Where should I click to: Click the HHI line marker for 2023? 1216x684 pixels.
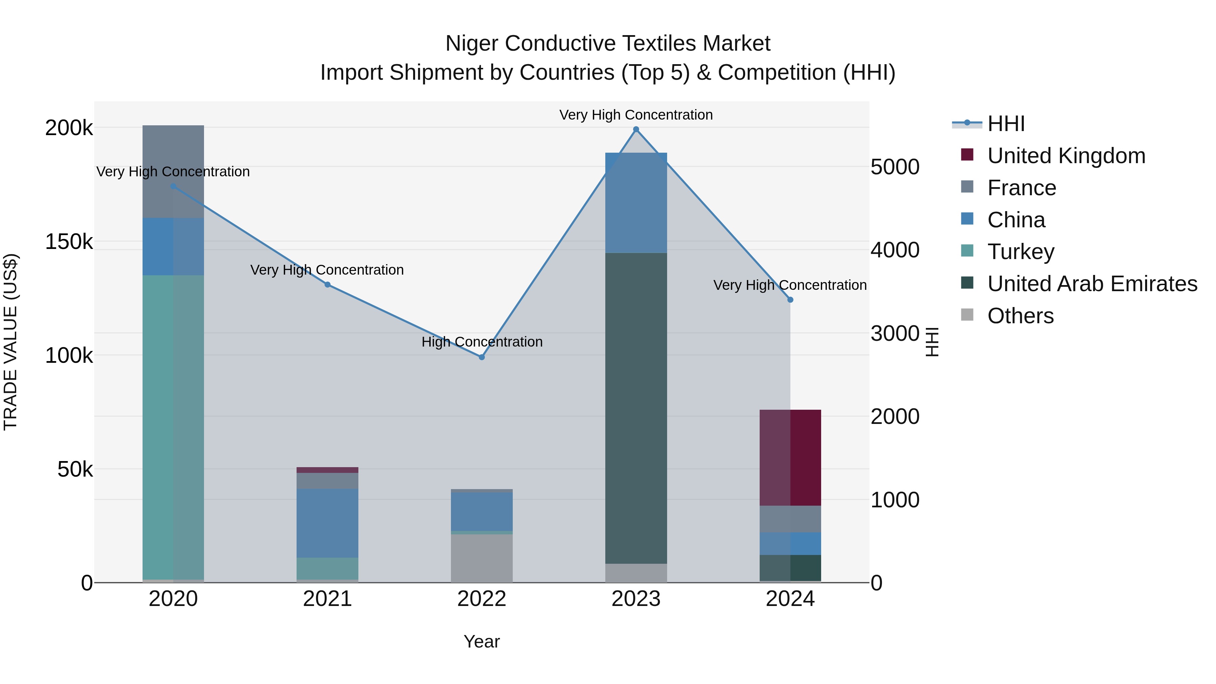point(636,129)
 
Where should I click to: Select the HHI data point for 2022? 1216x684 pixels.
point(481,357)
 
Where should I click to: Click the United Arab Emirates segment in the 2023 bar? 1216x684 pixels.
point(636,408)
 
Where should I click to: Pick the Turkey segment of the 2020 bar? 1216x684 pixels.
point(173,427)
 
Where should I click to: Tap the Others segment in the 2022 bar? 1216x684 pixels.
point(481,558)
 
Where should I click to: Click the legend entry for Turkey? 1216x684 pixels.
point(1020,252)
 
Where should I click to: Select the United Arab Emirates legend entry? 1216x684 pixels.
point(1092,284)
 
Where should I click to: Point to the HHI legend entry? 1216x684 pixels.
point(1006,124)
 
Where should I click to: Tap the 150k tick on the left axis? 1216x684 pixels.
point(69,242)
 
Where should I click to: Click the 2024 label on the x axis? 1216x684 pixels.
point(790,599)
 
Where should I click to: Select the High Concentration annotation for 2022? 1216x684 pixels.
point(481,342)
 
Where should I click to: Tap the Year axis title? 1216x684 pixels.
point(481,641)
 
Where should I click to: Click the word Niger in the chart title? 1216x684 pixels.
point(472,44)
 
